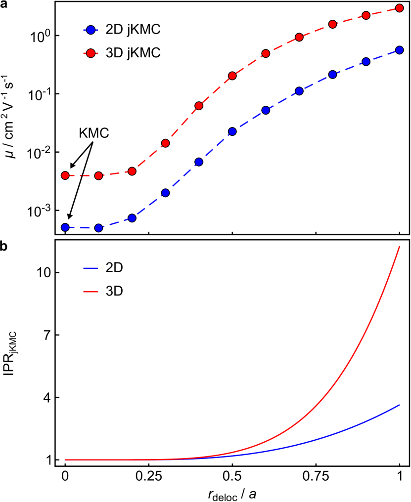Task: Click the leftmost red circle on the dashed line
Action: (x=65, y=175)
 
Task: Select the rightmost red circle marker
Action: (x=400, y=8)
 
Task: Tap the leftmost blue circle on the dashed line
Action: (x=65, y=227)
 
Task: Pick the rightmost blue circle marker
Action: (x=400, y=50)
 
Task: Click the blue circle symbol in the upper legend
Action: (x=91, y=30)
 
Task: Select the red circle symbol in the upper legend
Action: (x=91, y=53)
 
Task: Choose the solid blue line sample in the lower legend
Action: (x=91, y=268)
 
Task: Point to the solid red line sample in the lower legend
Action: (x=91, y=292)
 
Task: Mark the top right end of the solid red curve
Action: (x=400, y=246)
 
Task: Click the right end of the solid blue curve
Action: (x=400, y=405)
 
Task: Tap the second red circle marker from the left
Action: (x=98, y=176)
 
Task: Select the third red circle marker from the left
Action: (x=132, y=171)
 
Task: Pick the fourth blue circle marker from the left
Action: (x=165, y=193)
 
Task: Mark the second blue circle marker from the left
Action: (x=98, y=228)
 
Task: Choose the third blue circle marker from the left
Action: (x=132, y=218)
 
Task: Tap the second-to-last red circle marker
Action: (x=366, y=15)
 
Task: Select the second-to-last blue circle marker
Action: (x=366, y=62)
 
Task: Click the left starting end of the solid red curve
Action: (x=65, y=460)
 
